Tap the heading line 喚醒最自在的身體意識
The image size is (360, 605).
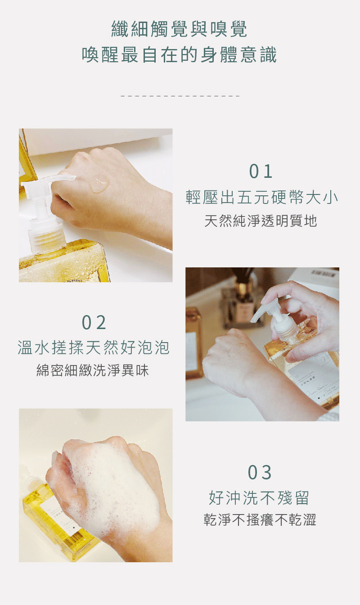(x=180, y=55)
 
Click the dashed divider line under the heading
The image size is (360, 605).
(x=180, y=96)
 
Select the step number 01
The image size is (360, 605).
(x=261, y=172)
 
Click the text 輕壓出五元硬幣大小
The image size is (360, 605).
(x=262, y=197)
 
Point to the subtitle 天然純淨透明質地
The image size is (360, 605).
(x=261, y=221)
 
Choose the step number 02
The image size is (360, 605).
(x=94, y=323)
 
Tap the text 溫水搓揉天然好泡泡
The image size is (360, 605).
(x=94, y=348)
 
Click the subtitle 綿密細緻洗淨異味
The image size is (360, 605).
(x=93, y=370)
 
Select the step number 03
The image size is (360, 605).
(x=260, y=473)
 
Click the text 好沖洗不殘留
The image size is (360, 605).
(x=259, y=498)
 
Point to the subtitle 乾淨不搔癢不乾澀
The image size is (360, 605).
(x=260, y=520)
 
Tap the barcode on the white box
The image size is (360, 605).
(x=324, y=273)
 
